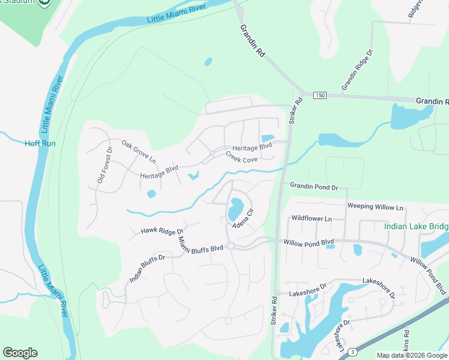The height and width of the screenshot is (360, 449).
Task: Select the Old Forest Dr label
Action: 105,165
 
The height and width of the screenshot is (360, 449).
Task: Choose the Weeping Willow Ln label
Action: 375,207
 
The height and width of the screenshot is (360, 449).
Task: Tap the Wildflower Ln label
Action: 311,219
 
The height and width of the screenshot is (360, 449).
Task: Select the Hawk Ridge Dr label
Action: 161,230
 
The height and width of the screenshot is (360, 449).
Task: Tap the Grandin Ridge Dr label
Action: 357,70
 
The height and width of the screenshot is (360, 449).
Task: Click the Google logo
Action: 20,353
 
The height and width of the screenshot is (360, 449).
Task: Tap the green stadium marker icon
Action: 44,3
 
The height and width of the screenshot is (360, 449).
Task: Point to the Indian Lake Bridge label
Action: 416,227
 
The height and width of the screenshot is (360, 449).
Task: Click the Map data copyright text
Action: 411,355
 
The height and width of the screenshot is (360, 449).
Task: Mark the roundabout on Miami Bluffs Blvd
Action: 231,246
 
